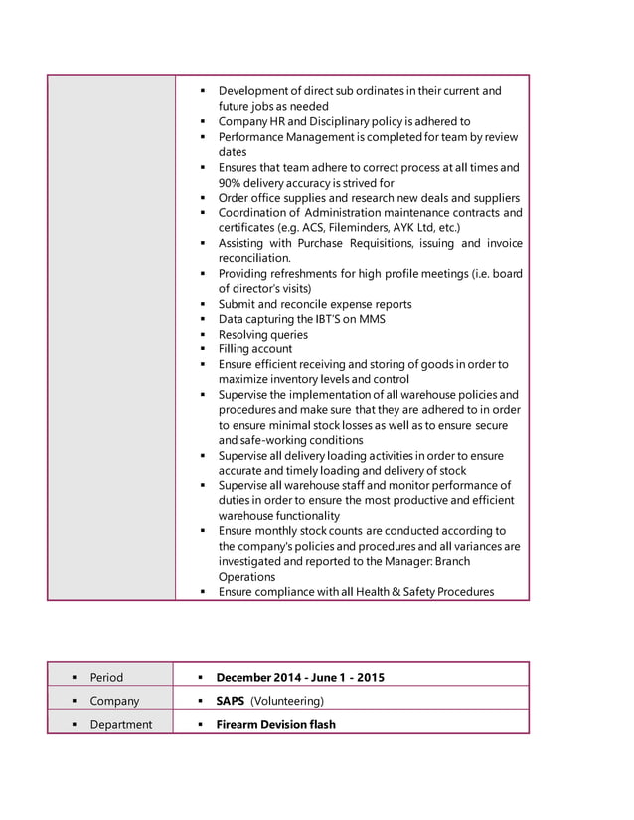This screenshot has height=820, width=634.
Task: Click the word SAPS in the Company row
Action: [231, 701]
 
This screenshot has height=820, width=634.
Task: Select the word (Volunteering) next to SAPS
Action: [287, 701]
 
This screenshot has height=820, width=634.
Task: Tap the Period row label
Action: [106, 677]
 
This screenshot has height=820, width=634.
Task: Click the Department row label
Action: [120, 724]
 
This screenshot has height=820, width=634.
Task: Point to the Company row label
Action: [114, 701]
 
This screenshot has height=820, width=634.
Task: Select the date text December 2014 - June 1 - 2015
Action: [300, 677]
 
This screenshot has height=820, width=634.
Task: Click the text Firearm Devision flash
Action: [275, 724]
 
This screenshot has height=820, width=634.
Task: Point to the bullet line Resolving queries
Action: [262, 335]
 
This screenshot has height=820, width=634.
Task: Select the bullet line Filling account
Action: [254, 349]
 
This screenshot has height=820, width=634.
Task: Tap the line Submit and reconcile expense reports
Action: [314, 304]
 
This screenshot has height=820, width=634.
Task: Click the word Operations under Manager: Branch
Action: [246, 577]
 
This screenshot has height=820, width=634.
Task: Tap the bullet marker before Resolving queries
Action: [202, 335]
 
